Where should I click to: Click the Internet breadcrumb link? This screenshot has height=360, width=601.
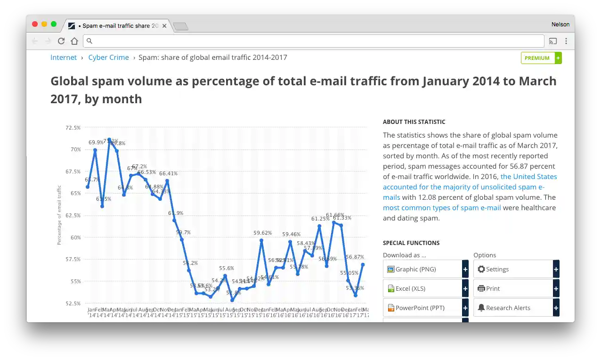(64, 57)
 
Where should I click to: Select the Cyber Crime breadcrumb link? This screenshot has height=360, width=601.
(108, 57)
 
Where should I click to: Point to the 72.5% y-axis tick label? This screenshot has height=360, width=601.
(73, 128)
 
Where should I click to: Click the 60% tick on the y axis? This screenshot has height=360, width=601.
(75, 237)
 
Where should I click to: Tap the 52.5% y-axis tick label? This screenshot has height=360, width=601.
(73, 303)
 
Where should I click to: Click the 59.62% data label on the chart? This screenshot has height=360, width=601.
(262, 233)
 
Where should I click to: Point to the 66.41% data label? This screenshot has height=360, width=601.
(168, 173)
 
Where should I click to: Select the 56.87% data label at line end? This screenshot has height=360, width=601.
(355, 257)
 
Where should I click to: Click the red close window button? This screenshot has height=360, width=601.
(35, 25)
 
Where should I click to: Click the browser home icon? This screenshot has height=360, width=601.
(74, 41)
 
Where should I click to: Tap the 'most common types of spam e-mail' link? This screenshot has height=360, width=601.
(442, 208)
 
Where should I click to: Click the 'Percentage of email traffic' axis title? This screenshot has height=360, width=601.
(59, 215)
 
